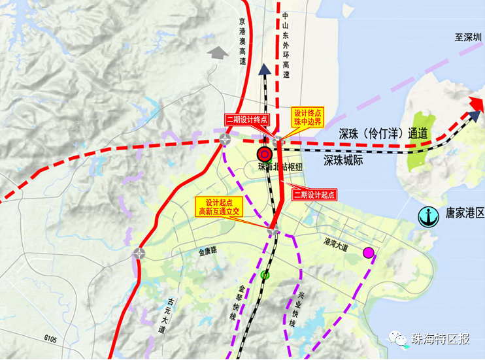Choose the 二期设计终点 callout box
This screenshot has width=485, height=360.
(x=247, y=119)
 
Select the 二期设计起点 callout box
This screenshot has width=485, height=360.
(x=314, y=194)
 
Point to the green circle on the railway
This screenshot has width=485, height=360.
(x=264, y=274)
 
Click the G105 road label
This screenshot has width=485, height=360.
(x=53, y=338)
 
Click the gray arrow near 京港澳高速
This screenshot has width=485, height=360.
(x=215, y=52)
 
